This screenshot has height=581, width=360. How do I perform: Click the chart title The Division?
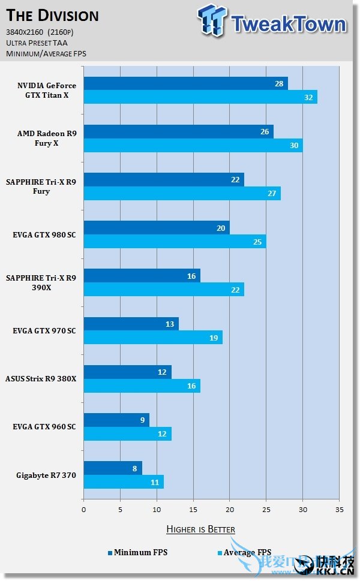click(x=52, y=15)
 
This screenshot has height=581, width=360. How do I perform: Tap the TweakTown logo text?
click(x=288, y=24)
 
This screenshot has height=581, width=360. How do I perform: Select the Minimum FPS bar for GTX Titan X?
click(x=185, y=83)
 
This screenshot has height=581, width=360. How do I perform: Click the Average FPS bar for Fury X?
click(x=193, y=145)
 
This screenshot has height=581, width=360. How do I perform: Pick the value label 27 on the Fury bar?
click(x=271, y=193)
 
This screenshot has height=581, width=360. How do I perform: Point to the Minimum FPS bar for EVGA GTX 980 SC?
click(x=156, y=227)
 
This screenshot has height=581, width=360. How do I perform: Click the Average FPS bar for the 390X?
click(x=163, y=289)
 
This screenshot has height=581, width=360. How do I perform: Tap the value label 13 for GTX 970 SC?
click(x=170, y=324)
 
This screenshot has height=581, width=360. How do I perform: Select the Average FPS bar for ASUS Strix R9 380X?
click(x=142, y=385)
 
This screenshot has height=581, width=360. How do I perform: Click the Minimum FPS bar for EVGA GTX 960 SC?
click(x=116, y=420)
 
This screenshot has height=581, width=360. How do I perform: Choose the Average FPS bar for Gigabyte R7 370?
click(x=123, y=481)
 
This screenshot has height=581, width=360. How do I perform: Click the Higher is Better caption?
click(x=200, y=529)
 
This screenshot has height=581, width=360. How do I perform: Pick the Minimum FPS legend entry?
click(x=137, y=552)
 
